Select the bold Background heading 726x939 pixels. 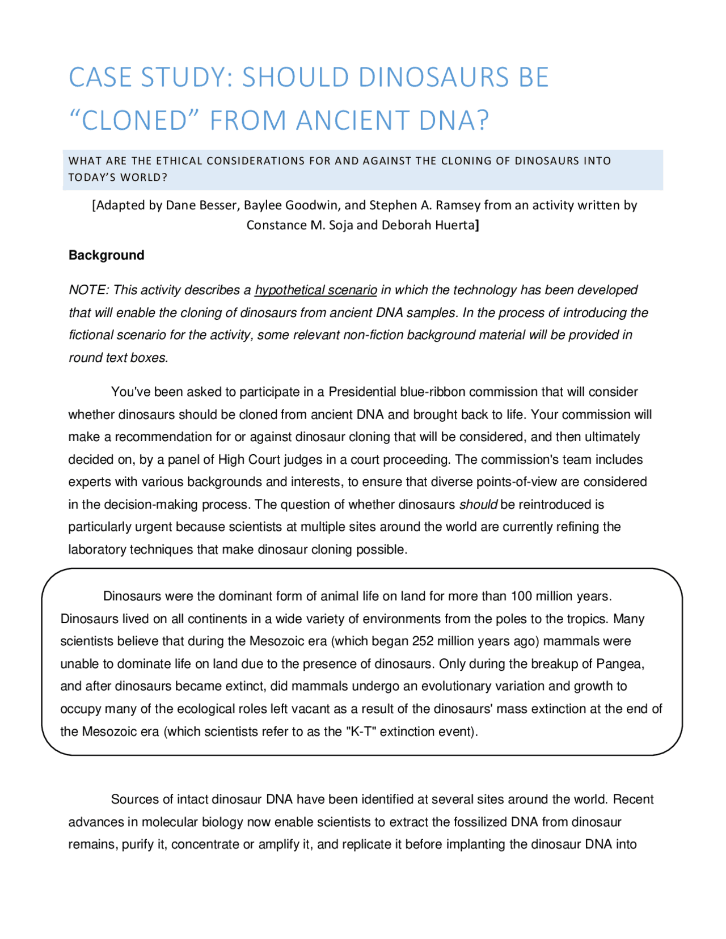(106, 255)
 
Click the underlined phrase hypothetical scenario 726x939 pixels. (315, 290)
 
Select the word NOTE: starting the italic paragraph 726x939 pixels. (88, 290)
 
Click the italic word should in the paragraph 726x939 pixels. (478, 505)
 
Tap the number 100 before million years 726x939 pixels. (521, 597)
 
